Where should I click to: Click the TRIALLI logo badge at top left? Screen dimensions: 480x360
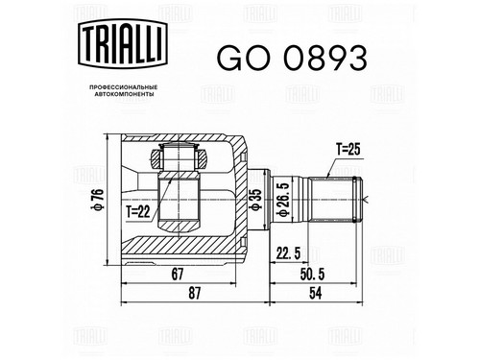click(123, 43)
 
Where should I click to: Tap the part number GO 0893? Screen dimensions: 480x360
click(292, 59)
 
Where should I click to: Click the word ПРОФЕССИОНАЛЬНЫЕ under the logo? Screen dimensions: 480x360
click(123, 87)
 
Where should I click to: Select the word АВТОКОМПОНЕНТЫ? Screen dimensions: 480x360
click(124, 94)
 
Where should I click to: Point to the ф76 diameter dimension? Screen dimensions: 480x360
click(99, 200)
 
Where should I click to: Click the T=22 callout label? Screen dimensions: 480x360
click(137, 211)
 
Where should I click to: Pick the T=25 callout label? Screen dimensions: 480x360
click(348, 149)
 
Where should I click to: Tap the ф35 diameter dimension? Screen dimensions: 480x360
click(257, 200)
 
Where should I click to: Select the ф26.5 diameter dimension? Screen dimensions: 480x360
click(284, 200)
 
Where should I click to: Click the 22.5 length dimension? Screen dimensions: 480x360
click(288, 253)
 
